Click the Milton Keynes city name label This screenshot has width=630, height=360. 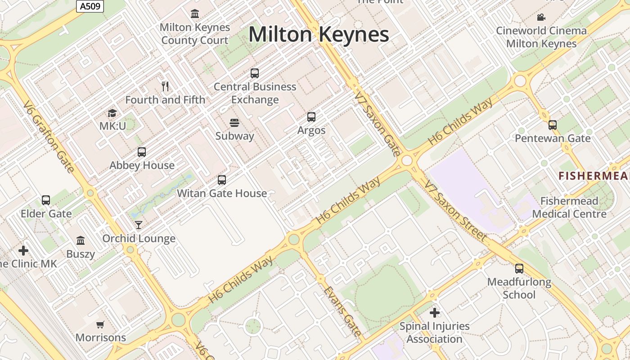pyautogui.click(x=319, y=35)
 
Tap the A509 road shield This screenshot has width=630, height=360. pyautogui.click(x=90, y=6)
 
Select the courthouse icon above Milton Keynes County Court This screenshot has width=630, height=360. pyautogui.click(x=195, y=14)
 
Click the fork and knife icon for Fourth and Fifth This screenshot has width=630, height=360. pyautogui.click(x=165, y=86)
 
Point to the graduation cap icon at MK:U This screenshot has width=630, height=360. pyautogui.click(x=112, y=113)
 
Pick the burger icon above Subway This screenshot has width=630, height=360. pyautogui.click(x=234, y=122)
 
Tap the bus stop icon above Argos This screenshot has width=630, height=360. pyautogui.click(x=311, y=117)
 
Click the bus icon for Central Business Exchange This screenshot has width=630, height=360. pyautogui.click(x=255, y=73)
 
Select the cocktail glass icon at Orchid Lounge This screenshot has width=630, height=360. pyautogui.click(x=139, y=225)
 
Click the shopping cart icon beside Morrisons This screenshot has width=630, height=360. pyautogui.click(x=100, y=324)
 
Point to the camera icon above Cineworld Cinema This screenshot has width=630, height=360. pyautogui.click(x=541, y=18)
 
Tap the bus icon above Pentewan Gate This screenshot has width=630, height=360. pyautogui.click(x=553, y=125)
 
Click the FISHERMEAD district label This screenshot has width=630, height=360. pyautogui.click(x=594, y=175)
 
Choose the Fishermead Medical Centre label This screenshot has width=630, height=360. pyautogui.click(x=569, y=207)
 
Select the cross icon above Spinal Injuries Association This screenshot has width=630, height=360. pyautogui.click(x=434, y=312)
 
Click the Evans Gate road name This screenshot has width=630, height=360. pyautogui.click(x=342, y=311)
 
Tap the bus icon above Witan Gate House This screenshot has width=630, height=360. pyautogui.click(x=221, y=180)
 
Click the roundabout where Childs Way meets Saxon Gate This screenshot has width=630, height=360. pyautogui.click(x=407, y=161)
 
